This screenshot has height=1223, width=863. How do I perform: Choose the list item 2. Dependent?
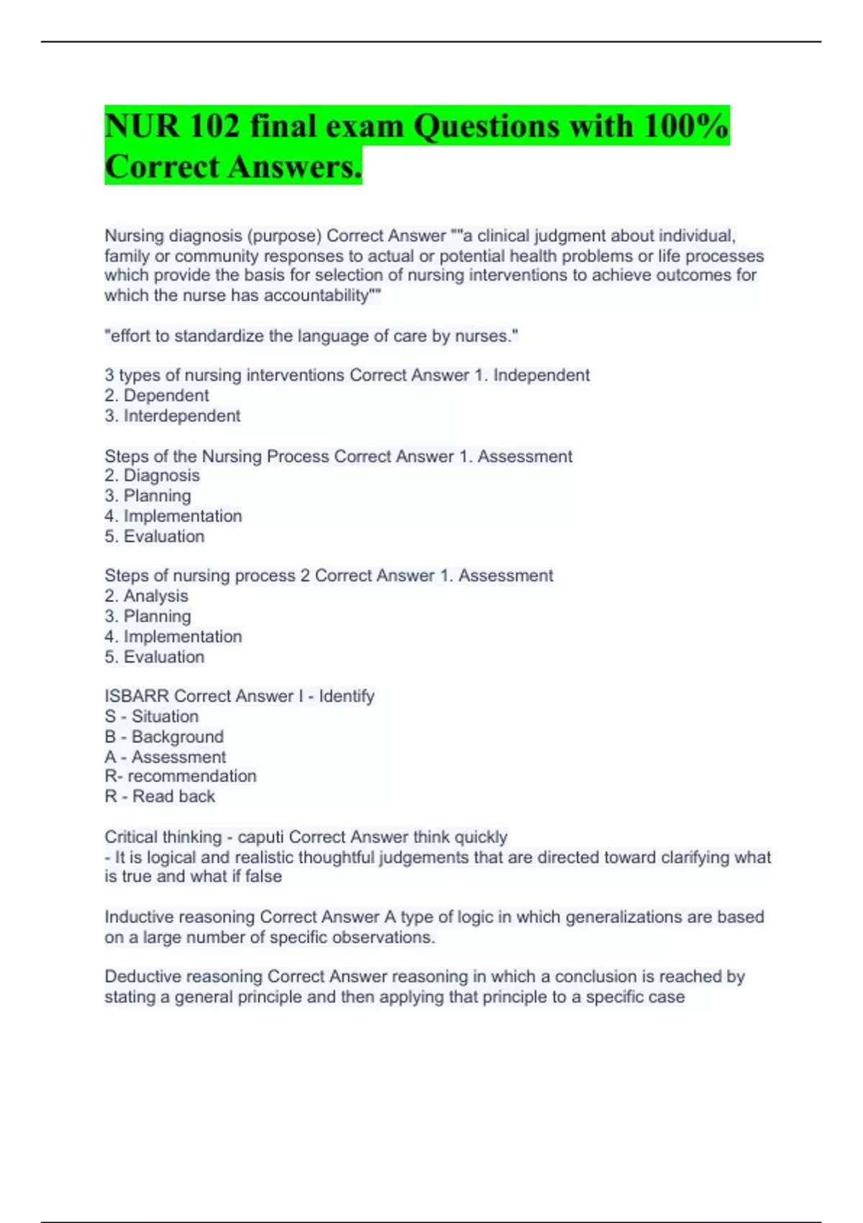(x=156, y=396)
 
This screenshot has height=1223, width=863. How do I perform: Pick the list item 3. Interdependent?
(x=173, y=416)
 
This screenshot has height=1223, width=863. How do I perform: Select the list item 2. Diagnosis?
(x=152, y=476)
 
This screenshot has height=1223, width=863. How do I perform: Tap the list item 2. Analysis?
(x=146, y=596)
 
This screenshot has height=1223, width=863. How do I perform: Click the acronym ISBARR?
(x=137, y=696)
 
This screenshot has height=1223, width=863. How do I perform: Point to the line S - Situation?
(x=151, y=717)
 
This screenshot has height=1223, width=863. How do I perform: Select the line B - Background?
(x=164, y=737)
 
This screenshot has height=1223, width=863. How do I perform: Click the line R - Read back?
(x=160, y=796)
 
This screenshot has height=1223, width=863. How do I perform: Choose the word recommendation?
(x=192, y=776)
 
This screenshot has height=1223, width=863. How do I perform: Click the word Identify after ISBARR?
(x=347, y=696)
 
